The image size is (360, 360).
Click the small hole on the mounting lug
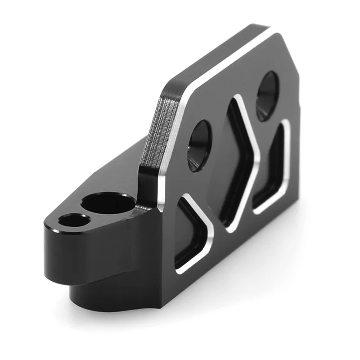[x=74, y=220]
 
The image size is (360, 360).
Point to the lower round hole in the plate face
[x=199, y=145]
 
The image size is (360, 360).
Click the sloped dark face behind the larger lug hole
[x=117, y=166]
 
